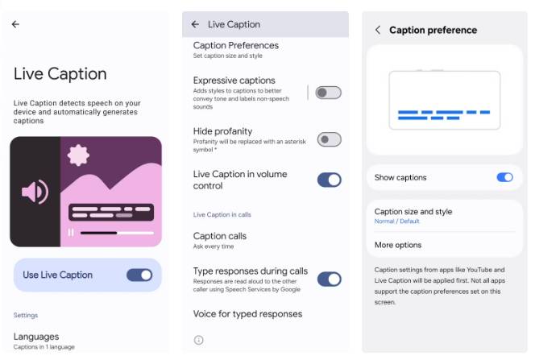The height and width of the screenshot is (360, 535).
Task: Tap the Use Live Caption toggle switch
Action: (139, 275)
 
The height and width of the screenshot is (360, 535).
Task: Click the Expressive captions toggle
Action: (328, 93)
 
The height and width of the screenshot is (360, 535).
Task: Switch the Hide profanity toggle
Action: (329, 139)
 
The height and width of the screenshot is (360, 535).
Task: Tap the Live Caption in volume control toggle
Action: (329, 180)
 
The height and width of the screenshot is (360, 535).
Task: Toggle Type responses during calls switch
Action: (329, 279)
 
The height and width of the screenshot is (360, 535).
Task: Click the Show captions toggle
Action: (504, 177)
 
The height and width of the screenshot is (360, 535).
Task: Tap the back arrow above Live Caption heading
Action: (15, 24)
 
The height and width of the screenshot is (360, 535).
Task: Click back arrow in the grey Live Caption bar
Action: (195, 24)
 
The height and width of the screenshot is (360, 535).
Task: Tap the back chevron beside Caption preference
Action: (378, 30)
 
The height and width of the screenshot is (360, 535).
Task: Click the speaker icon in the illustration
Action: (35, 192)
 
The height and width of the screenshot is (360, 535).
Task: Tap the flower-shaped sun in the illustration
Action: (78, 155)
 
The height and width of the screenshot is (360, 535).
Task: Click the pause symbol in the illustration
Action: (71, 232)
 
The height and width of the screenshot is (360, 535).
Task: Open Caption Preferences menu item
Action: (236, 46)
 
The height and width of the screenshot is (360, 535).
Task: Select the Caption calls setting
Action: (220, 236)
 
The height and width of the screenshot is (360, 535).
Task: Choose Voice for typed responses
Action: (247, 314)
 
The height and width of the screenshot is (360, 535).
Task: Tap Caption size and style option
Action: (413, 212)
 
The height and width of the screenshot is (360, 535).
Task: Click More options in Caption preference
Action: (398, 245)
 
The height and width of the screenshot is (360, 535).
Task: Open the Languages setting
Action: (36, 337)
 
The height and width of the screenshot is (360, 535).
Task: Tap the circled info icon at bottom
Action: (198, 340)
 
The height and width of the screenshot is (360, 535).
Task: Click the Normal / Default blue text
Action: (397, 221)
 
